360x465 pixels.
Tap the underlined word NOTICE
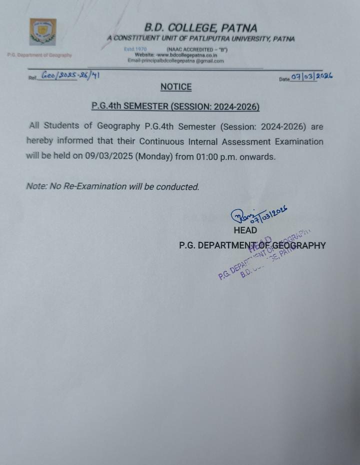coord(176,87)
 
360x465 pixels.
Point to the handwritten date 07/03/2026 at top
coord(311,76)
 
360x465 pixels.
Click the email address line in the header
coord(175,61)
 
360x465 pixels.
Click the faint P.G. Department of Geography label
coord(39,55)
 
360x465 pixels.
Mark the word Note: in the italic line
coord(36,186)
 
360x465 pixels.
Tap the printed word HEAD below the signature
coord(245,230)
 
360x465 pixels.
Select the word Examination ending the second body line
coord(295,141)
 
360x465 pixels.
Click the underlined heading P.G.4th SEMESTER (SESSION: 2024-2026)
coord(175,106)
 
